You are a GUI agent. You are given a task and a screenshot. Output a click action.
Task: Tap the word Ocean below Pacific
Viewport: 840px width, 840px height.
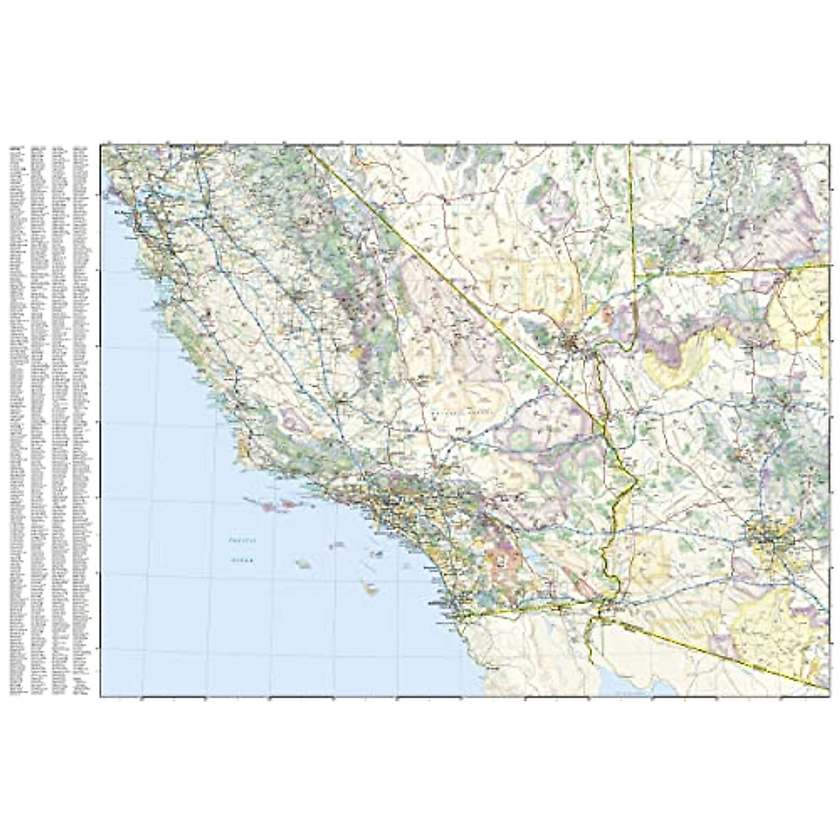243,560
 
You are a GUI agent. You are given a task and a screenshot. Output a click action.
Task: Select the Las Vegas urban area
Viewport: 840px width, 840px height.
574,343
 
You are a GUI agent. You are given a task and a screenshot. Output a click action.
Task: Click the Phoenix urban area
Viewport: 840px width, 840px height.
770,538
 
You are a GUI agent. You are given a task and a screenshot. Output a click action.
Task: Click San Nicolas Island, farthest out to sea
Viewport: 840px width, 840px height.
303,563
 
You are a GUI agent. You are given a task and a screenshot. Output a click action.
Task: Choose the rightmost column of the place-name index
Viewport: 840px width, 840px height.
80,420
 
